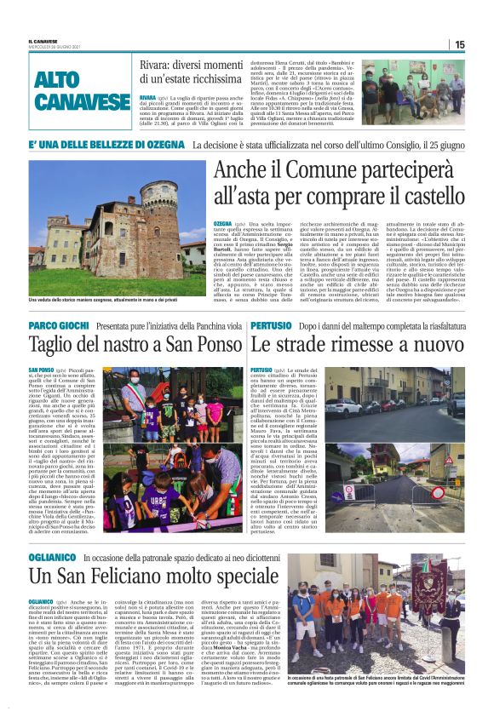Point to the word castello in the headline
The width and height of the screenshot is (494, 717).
(x=428, y=201)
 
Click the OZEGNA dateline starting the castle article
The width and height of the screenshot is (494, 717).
(x=224, y=221)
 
